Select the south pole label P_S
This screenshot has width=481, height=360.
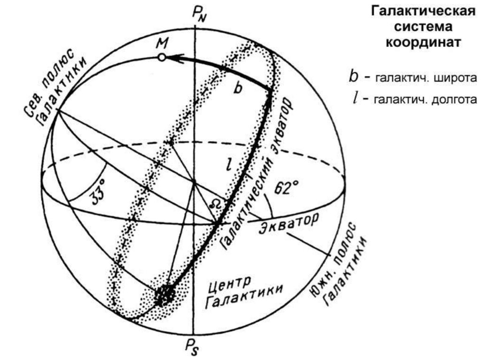(x=193, y=348)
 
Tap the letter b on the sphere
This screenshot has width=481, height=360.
(x=238, y=89)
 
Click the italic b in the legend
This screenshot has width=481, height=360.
(x=353, y=77)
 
